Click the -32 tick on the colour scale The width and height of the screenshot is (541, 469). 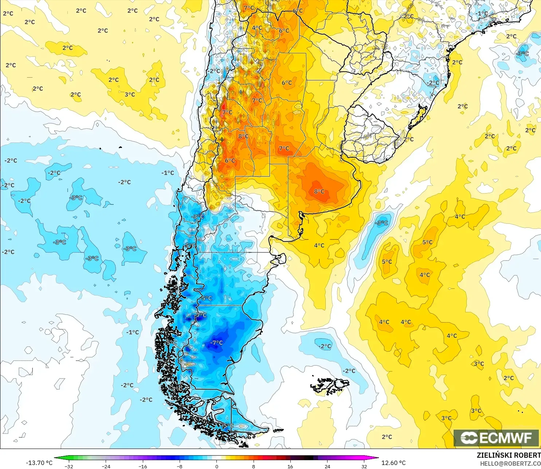point(69,466)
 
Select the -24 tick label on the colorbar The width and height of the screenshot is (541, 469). point(106,466)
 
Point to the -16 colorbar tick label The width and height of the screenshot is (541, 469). point(143,466)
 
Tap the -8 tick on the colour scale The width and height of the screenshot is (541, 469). point(180,466)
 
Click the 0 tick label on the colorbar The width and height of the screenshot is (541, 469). point(217,466)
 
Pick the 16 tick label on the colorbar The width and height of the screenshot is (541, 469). point(290,466)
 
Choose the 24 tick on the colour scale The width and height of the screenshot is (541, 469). point(327,466)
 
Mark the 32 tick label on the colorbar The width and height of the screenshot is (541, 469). point(364,466)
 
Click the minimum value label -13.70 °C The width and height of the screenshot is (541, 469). point(39,463)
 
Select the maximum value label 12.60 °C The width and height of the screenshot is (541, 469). point(393,463)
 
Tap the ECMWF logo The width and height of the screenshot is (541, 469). point(496,438)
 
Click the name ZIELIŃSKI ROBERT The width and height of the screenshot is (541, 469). point(509,455)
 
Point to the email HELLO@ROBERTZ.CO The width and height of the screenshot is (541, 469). point(510,464)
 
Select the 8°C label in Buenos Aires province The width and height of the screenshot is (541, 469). point(319,192)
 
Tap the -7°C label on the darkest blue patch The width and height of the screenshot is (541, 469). point(216,343)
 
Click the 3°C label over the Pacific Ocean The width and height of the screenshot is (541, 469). point(130,94)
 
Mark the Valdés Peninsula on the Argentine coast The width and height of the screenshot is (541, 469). point(280,259)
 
